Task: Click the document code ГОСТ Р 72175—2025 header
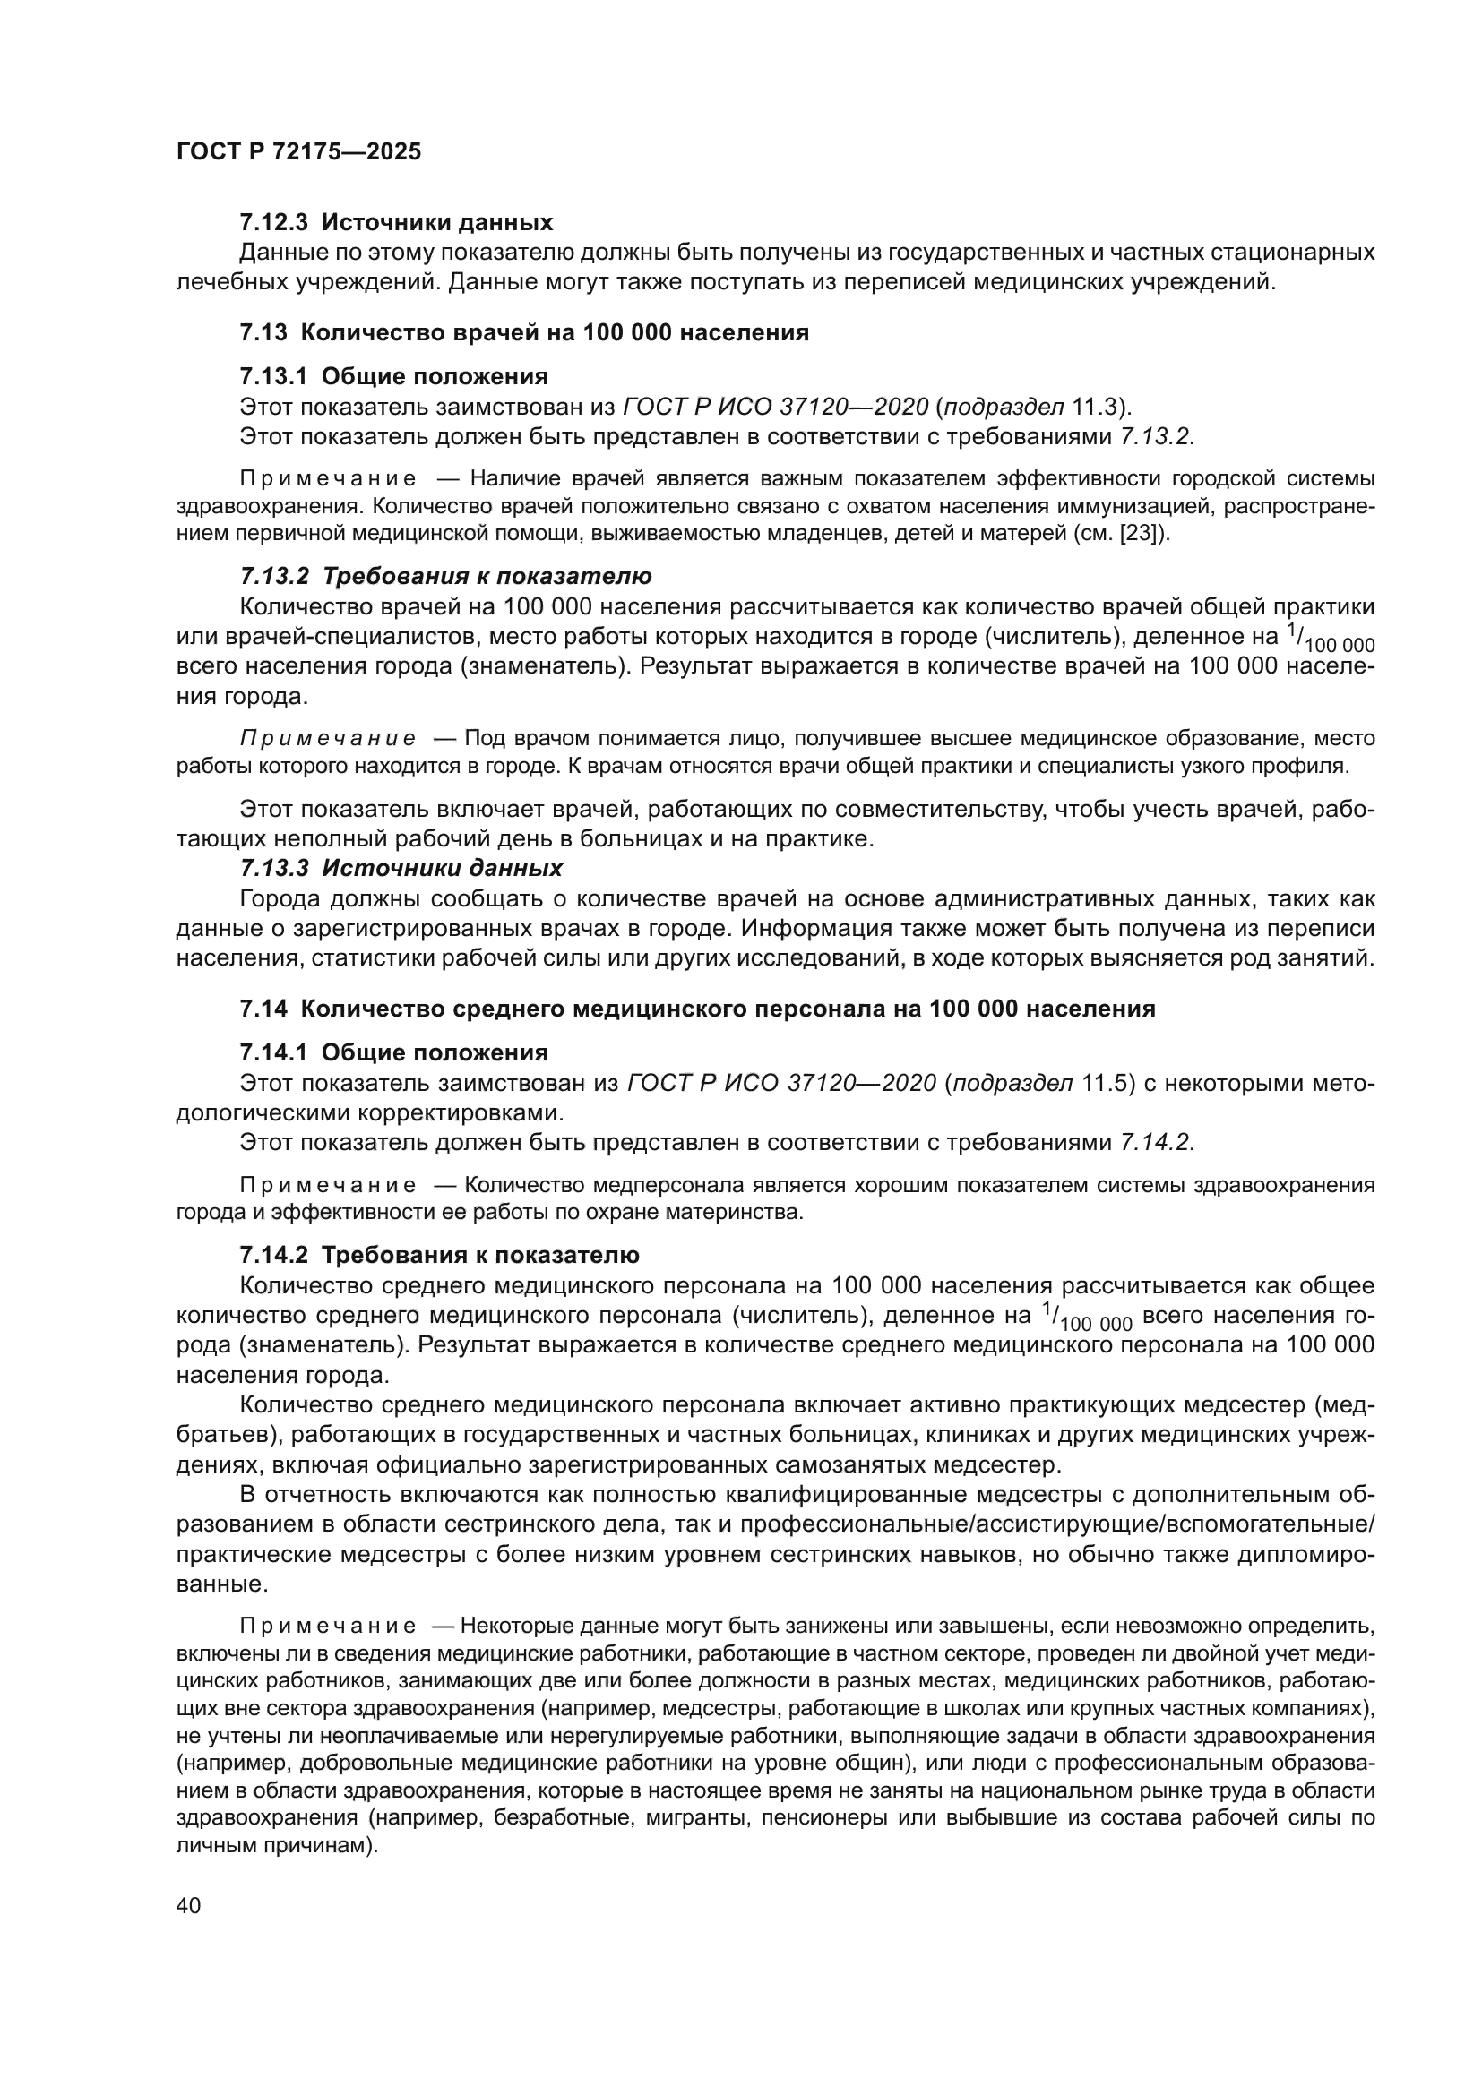click(x=298, y=151)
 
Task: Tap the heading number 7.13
click(x=263, y=332)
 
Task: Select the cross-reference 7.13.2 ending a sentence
click(x=1154, y=436)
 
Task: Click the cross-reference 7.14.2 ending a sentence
click(x=1154, y=1142)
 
